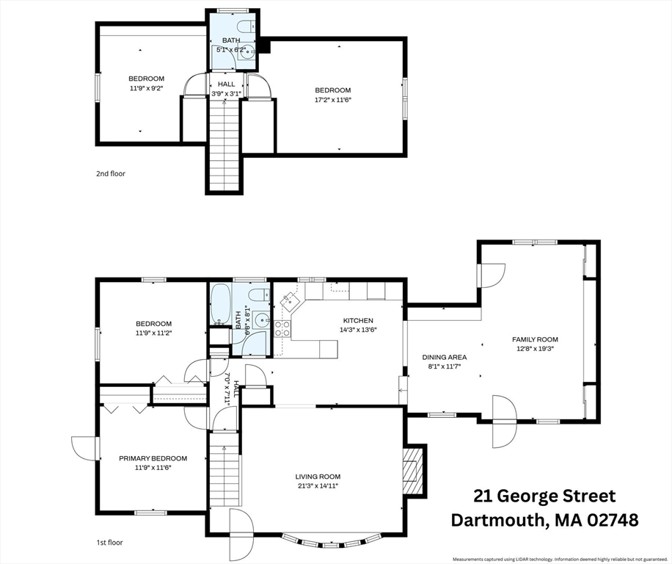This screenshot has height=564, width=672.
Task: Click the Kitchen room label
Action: click(358, 320)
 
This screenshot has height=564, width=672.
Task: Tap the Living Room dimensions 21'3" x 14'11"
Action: click(318, 486)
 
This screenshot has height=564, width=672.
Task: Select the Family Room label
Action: click(535, 339)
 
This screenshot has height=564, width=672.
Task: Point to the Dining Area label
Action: click(444, 357)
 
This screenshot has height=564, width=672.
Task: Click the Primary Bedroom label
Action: click(153, 458)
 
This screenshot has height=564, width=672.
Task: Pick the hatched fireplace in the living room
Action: click(412, 471)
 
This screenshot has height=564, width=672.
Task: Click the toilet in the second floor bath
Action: click(246, 26)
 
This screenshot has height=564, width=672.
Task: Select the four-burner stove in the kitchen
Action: click(282, 328)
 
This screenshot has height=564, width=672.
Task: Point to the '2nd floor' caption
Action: click(111, 174)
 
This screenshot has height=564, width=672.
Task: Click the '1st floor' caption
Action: click(109, 543)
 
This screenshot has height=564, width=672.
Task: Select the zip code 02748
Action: click(613, 520)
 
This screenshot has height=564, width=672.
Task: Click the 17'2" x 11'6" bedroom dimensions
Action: click(332, 100)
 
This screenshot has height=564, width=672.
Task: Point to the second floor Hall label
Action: click(226, 84)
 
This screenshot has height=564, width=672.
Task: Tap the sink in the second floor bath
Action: click(248, 54)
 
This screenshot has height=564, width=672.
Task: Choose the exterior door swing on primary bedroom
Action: click(84, 449)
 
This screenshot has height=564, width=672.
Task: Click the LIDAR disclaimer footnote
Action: click(561, 560)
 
